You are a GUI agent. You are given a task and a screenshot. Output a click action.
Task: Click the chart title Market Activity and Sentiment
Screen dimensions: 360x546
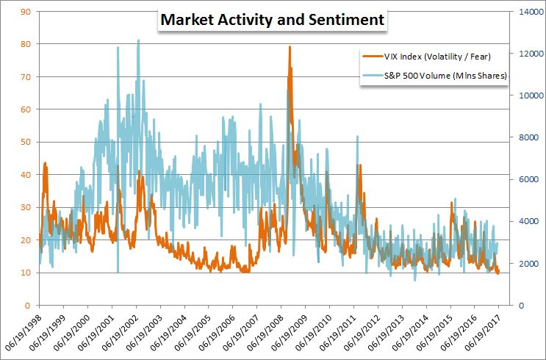(272, 20)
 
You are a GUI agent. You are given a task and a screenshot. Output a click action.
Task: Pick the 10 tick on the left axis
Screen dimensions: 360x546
(25, 273)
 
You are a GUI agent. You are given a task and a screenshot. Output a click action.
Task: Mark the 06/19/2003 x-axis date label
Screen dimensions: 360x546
(147, 331)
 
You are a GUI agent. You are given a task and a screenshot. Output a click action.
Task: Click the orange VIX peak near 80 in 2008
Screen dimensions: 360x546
(290, 47)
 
